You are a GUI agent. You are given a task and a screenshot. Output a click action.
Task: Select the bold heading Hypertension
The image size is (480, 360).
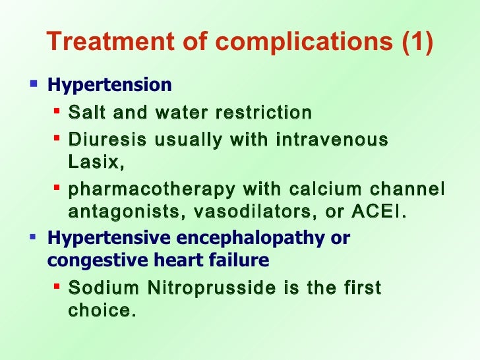pyautogui.click(x=109, y=85)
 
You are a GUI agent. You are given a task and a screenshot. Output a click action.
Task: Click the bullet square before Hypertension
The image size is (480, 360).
pyautogui.click(x=34, y=84)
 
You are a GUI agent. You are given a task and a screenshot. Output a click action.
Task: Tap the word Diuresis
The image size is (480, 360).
pyautogui.click(x=103, y=140)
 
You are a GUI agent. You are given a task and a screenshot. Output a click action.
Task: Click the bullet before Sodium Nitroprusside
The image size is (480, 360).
pyautogui.click(x=57, y=287)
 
